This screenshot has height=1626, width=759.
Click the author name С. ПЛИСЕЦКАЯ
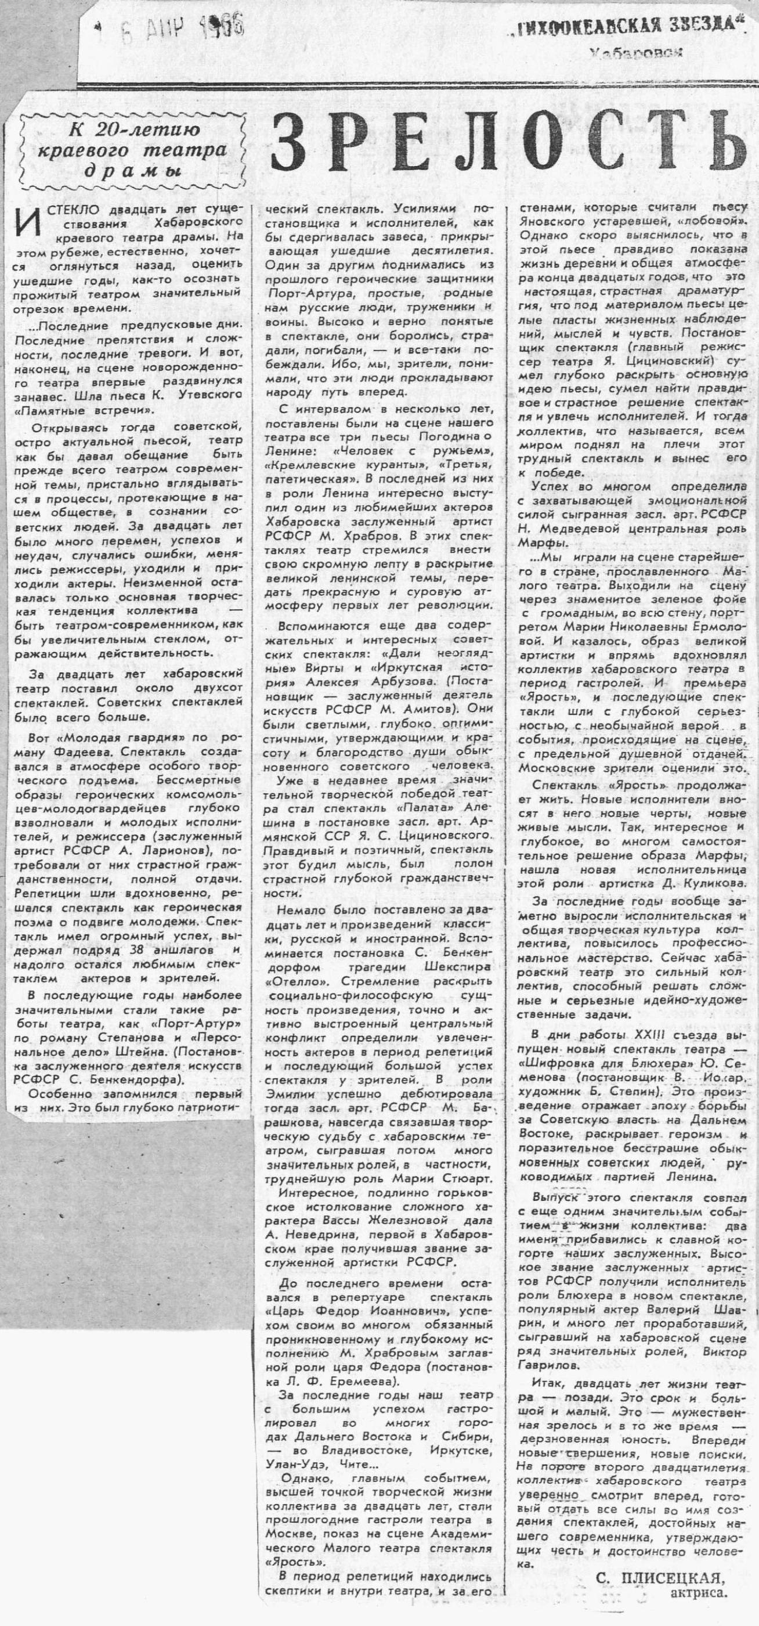(x=659, y=1593)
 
